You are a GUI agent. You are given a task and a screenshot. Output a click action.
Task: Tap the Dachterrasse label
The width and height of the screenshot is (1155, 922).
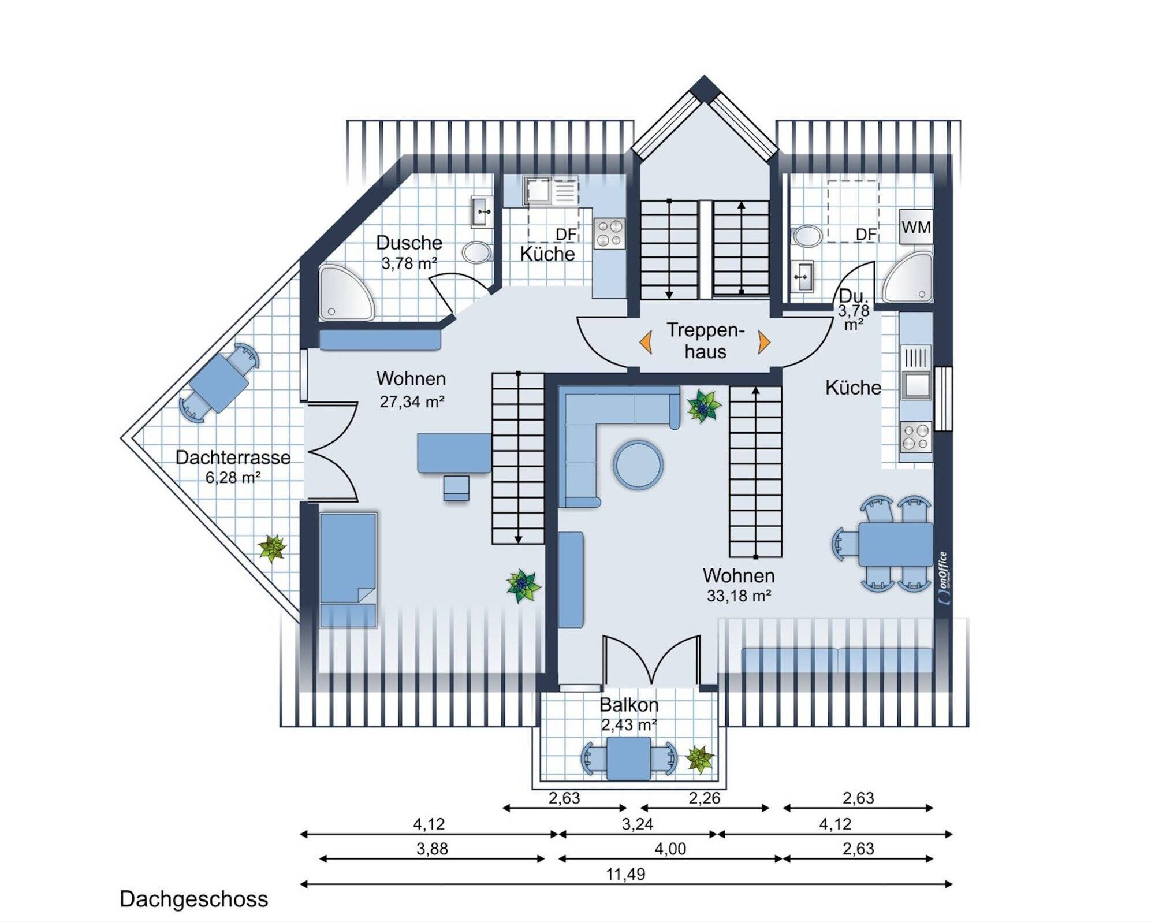(x=233, y=457)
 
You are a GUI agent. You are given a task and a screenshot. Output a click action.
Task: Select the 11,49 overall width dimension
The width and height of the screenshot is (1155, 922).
(x=625, y=874)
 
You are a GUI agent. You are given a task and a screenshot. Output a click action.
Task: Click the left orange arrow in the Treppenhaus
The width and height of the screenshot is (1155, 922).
(x=646, y=342)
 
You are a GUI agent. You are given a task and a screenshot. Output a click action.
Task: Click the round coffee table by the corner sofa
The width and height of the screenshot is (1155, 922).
(x=638, y=465)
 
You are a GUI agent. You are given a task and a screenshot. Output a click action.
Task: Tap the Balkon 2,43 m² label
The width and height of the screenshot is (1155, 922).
(x=629, y=715)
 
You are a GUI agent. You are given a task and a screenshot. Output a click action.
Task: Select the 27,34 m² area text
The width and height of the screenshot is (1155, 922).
(x=412, y=401)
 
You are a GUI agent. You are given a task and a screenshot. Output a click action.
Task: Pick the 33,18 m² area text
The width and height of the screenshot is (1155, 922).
(x=739, y=596)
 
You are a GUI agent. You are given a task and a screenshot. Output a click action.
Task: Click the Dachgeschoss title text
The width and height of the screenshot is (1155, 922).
(x=194, y=899)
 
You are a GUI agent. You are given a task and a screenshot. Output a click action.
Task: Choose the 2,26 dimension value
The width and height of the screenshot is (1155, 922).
(x=705, y=798)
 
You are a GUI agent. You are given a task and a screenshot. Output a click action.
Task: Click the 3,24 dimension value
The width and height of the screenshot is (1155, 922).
(x=638, y=824)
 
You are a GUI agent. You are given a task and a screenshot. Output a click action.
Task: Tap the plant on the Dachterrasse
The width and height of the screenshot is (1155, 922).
(x=272, y=548)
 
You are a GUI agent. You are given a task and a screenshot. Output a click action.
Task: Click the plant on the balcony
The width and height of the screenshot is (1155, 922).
(x=699, y=759)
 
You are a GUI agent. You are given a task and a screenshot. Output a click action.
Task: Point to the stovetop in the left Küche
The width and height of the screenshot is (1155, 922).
(x=610, y=233)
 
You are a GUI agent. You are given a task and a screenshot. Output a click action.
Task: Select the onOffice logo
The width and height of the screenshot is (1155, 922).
(x=942, y=578)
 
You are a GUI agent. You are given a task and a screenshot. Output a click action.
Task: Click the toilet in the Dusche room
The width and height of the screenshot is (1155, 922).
(x=477, y=252)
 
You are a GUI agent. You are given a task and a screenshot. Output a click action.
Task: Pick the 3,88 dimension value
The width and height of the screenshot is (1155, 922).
(x=432, y=849)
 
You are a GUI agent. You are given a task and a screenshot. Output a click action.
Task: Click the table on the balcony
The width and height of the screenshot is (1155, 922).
(x=628, y=759)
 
